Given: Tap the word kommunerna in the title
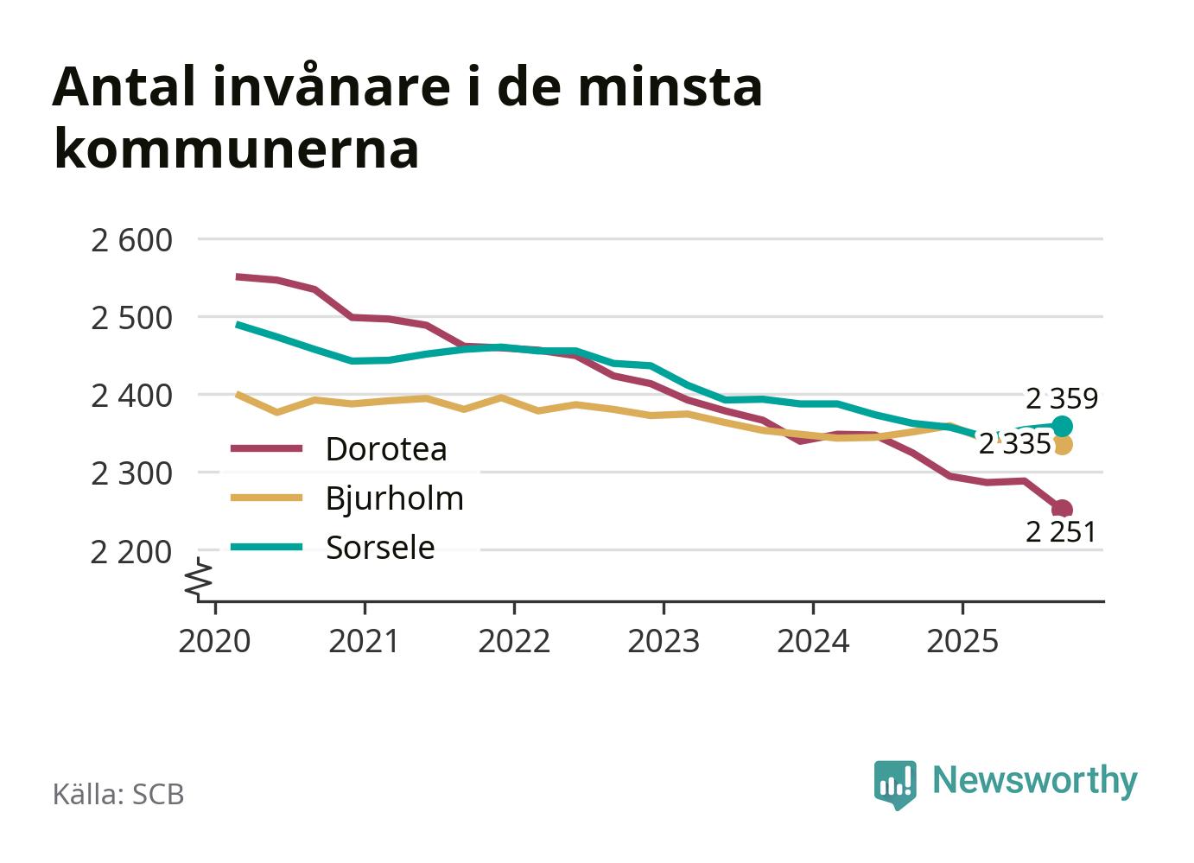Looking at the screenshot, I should point(236,149).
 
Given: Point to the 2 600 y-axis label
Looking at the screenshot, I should point(131,239).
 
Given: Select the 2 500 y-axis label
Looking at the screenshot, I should point(131,317).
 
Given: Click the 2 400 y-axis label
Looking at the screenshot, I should point(131,396).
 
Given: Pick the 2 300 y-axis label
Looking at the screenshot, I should point(131,473).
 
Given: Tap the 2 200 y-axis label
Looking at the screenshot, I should point(131,551).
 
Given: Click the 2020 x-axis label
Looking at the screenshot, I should point(214,641).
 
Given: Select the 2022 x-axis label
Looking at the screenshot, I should point(514,641).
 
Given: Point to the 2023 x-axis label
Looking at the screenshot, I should point(664,641).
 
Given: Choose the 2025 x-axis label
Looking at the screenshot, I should point(962,641).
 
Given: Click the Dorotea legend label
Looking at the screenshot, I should point(386,449).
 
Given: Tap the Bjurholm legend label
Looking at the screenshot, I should point(394,498).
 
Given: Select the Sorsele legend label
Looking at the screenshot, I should point(380,548).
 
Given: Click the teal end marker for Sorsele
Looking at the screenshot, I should point(1063,426).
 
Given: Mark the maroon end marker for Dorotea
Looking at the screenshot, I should point(1063,509).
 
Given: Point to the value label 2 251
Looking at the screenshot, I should point(1061,532).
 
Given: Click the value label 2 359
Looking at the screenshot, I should point(1062,398).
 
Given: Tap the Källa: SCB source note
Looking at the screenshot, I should point(118,795).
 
